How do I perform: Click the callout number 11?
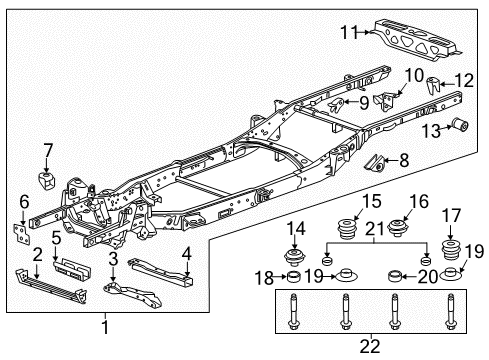pyautogui.click(x=344, y=33)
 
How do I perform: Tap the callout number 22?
pyautogui.click(x=371, y=347)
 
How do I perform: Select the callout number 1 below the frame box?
pyautogui.click(x=103, y=326)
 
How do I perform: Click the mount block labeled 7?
pyautogui.click(x=45, y=183)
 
